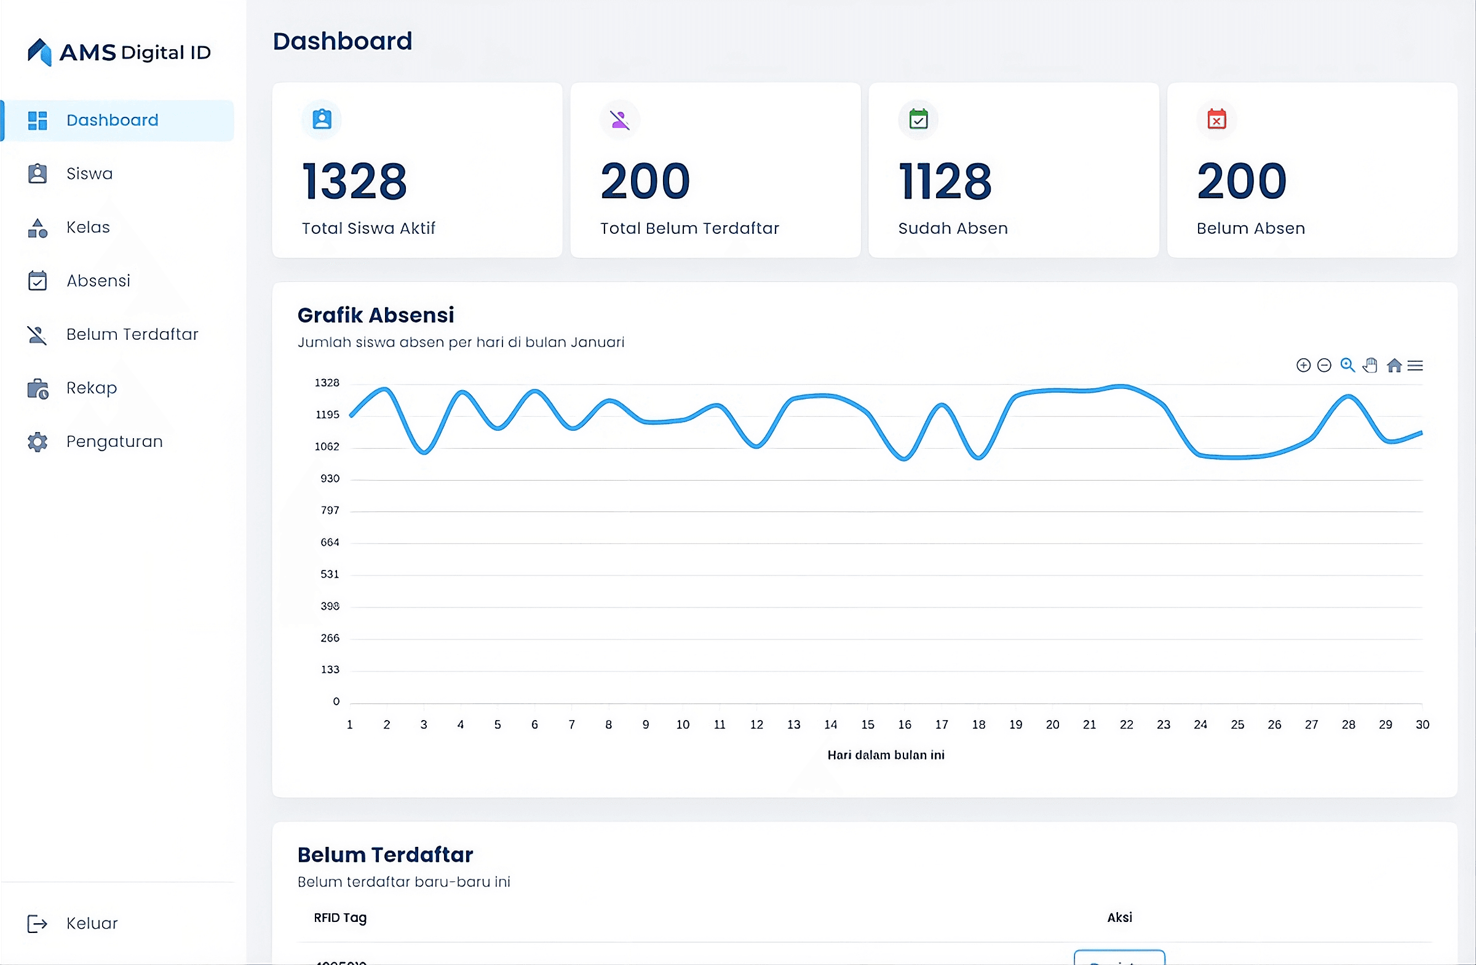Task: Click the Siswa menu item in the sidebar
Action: point(89,174)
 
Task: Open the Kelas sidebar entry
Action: point(87,227)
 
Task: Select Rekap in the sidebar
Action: point(91,388)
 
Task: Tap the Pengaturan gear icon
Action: point(38,442)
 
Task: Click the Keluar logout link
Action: point(91,923)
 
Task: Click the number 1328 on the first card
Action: point(354,181)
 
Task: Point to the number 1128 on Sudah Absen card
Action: point(945,181)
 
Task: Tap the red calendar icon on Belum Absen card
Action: point(1216,119)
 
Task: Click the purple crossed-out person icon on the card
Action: point(619,119)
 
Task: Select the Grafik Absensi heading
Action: point(376,315)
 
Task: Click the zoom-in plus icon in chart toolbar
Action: point(1304,366)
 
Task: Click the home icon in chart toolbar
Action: point(1394,366)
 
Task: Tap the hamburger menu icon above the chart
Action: point(1415,366)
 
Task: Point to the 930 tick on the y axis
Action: point(329,478)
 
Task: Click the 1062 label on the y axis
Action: point(327,446)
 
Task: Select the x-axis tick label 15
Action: point(868,725)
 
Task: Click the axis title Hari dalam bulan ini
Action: point(886,755)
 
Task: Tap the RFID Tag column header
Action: point(340,918)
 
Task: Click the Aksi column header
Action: point(1119,918)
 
